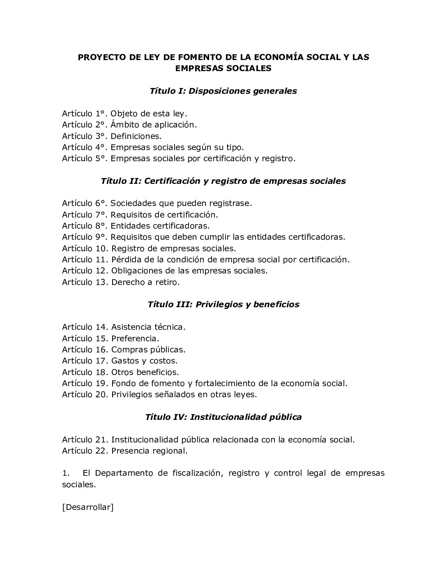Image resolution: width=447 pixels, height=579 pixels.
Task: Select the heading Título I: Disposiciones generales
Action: (x=223, y=91)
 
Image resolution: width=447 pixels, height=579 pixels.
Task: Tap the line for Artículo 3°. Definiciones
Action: (x=112, y=136)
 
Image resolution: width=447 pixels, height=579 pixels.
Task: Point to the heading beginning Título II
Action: (x=223, y=181)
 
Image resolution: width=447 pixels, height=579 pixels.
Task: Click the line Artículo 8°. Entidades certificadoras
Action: (x=136, y=226)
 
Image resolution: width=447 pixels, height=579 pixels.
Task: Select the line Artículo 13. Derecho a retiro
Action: (x=121, y=282)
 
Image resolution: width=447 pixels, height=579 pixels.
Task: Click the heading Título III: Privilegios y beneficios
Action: (x=223, y=305)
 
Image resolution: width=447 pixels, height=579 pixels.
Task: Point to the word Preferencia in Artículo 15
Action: (x=135, y=338)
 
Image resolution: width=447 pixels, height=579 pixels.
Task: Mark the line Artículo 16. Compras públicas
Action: (x=124, y=350)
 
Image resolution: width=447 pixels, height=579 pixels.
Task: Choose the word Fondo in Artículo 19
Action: (x=123, y=383)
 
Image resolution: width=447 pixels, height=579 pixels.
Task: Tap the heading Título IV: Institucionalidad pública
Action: (x=223, y=417)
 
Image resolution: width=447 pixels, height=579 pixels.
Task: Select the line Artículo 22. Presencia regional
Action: (x=124, y=451)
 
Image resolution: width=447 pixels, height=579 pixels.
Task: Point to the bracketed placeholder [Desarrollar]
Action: (x=88, y=507)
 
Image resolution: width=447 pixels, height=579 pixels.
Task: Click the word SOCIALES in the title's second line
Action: (x=249, y=68)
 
